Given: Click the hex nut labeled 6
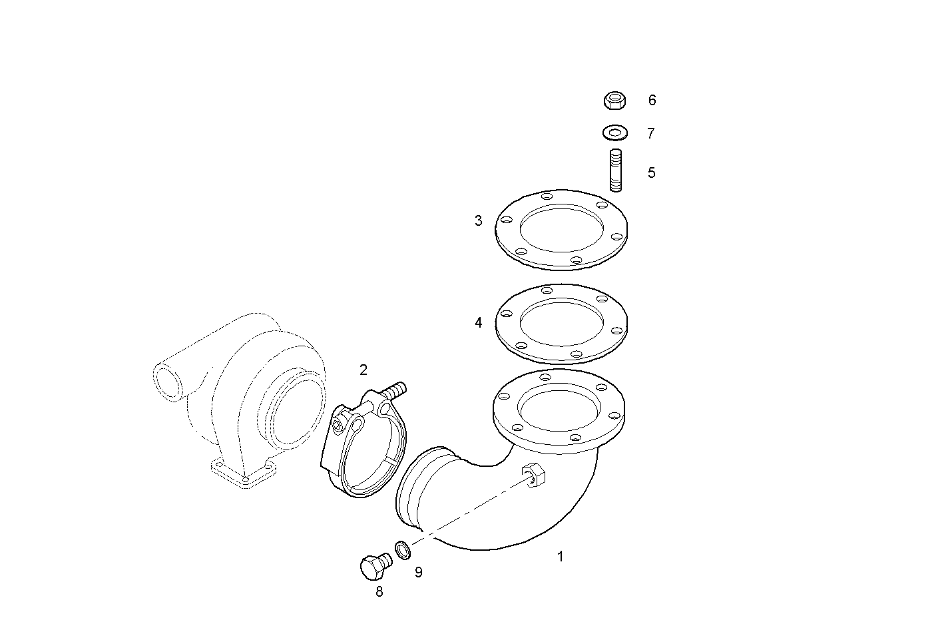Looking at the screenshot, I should click(x=615, y=101).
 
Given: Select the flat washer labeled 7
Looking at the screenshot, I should click(x=615, y=133).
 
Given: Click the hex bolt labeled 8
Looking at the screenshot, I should click(x=373, y=568).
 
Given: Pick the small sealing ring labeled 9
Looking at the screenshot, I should click(x=402, y=550).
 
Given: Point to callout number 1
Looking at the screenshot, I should click(x=560, y=556).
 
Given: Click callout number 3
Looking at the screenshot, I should click(x=478, y=220).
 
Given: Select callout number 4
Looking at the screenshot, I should click(x=478, y=323).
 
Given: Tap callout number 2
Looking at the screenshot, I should click(x=363, y=370).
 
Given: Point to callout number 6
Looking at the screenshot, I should click(x=652, y=100).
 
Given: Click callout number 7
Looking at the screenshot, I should click(x=650, y=133).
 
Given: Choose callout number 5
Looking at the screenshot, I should click(x=651, y=172).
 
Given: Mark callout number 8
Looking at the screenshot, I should click(x=379, y=591).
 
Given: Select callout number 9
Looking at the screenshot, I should click(x=418, y=572).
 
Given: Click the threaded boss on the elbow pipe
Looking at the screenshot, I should click(x=535, y=474).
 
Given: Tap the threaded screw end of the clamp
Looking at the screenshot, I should click(x=395, y=390).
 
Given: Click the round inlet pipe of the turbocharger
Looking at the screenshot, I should click(x=168, y=382).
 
